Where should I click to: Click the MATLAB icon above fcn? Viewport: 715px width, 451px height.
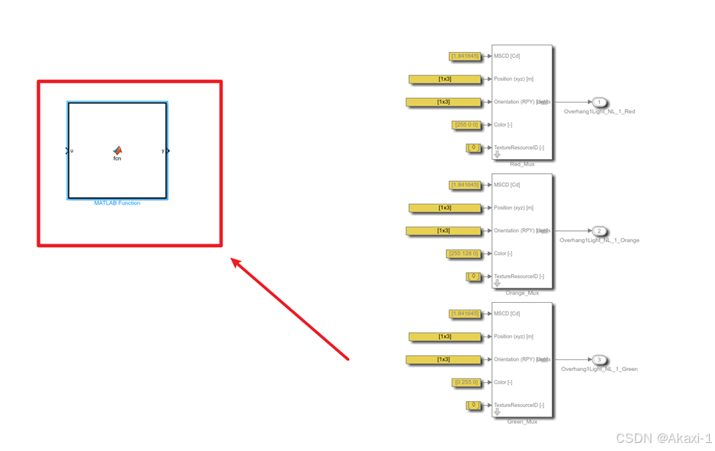coord(117,150)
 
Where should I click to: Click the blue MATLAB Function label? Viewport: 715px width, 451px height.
coord(117,203)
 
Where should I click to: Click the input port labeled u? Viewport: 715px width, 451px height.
coord(68,151)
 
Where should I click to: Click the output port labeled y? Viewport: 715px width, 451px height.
coord(166,151)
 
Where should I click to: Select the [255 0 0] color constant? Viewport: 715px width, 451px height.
coord(466,125)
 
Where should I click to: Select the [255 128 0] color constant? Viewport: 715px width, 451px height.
coord(463,254)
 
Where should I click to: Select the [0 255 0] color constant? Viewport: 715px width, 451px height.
coord(466,382)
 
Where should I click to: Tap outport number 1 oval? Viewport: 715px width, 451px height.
coord(599,102)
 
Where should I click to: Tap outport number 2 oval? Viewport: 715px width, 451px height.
coord(599,231)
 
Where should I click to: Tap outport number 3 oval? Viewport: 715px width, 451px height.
coord(599,359)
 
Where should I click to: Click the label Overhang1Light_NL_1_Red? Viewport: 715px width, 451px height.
coord(599,111)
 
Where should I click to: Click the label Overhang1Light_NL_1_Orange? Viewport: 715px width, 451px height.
coord(599,241)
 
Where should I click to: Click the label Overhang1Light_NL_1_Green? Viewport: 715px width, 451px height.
coord(599,369)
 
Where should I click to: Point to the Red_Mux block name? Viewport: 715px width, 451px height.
coord(522,164)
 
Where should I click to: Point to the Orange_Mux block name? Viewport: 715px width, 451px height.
coord(522,293)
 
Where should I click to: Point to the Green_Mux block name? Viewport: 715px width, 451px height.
coord(522,422)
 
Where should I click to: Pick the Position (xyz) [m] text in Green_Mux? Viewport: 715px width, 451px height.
coord(513,337)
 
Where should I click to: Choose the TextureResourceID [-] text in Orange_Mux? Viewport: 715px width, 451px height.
coord(518,276)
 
